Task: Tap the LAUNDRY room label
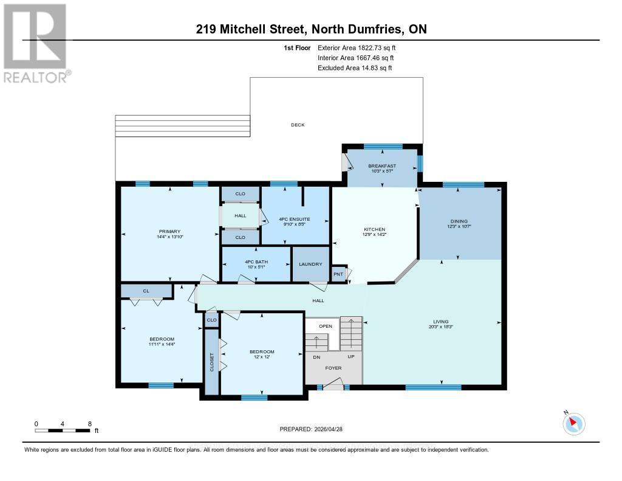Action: [310, 265]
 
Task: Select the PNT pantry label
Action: [338, 274]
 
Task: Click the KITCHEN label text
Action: [375, 229]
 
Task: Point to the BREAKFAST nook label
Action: [382, 166]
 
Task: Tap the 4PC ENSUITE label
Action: [295, 219]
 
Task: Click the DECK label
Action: [298, 125]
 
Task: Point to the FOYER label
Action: [333, 368]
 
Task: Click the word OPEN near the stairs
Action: [326, 326]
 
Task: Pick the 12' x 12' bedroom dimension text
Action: [262, 358]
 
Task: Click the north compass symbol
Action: [573, 424]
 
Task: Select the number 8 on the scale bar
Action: [90, 423]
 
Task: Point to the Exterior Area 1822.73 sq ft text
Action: [358, 47]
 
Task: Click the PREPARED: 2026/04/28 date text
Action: [311, 429]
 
